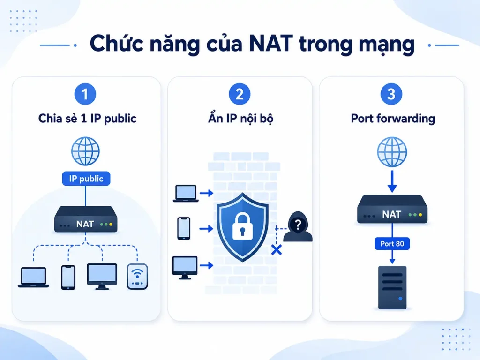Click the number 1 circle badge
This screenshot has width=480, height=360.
coord(85,94)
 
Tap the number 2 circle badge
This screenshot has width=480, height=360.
coord(240,94)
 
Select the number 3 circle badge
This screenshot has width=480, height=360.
coord(391,94)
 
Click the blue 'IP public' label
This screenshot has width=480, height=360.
coord(86,179)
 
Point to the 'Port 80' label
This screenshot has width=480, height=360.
coord(392,244)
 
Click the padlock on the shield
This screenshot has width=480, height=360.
coord(242,226)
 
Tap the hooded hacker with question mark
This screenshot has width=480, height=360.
coord(298,226)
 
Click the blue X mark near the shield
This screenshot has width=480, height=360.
coord(277,250)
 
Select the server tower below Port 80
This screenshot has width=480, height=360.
coord(392,288)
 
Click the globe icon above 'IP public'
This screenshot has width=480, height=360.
coord(85,151)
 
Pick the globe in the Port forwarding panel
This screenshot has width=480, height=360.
coord(392,152)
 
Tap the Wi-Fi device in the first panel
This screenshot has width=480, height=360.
coord(137,277)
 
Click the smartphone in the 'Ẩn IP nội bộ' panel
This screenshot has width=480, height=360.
coord(184,228)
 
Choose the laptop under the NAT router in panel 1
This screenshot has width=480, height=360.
coord(33,277)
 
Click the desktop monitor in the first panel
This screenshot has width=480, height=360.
coord(102,277)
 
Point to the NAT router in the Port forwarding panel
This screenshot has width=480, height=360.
coord(392,210)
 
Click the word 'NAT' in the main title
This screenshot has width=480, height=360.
coord(271,44)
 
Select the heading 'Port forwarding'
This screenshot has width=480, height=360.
coord(393,119)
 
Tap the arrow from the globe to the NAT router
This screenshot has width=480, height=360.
coord(392,181)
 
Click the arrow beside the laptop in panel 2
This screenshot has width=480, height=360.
coord(206,193)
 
